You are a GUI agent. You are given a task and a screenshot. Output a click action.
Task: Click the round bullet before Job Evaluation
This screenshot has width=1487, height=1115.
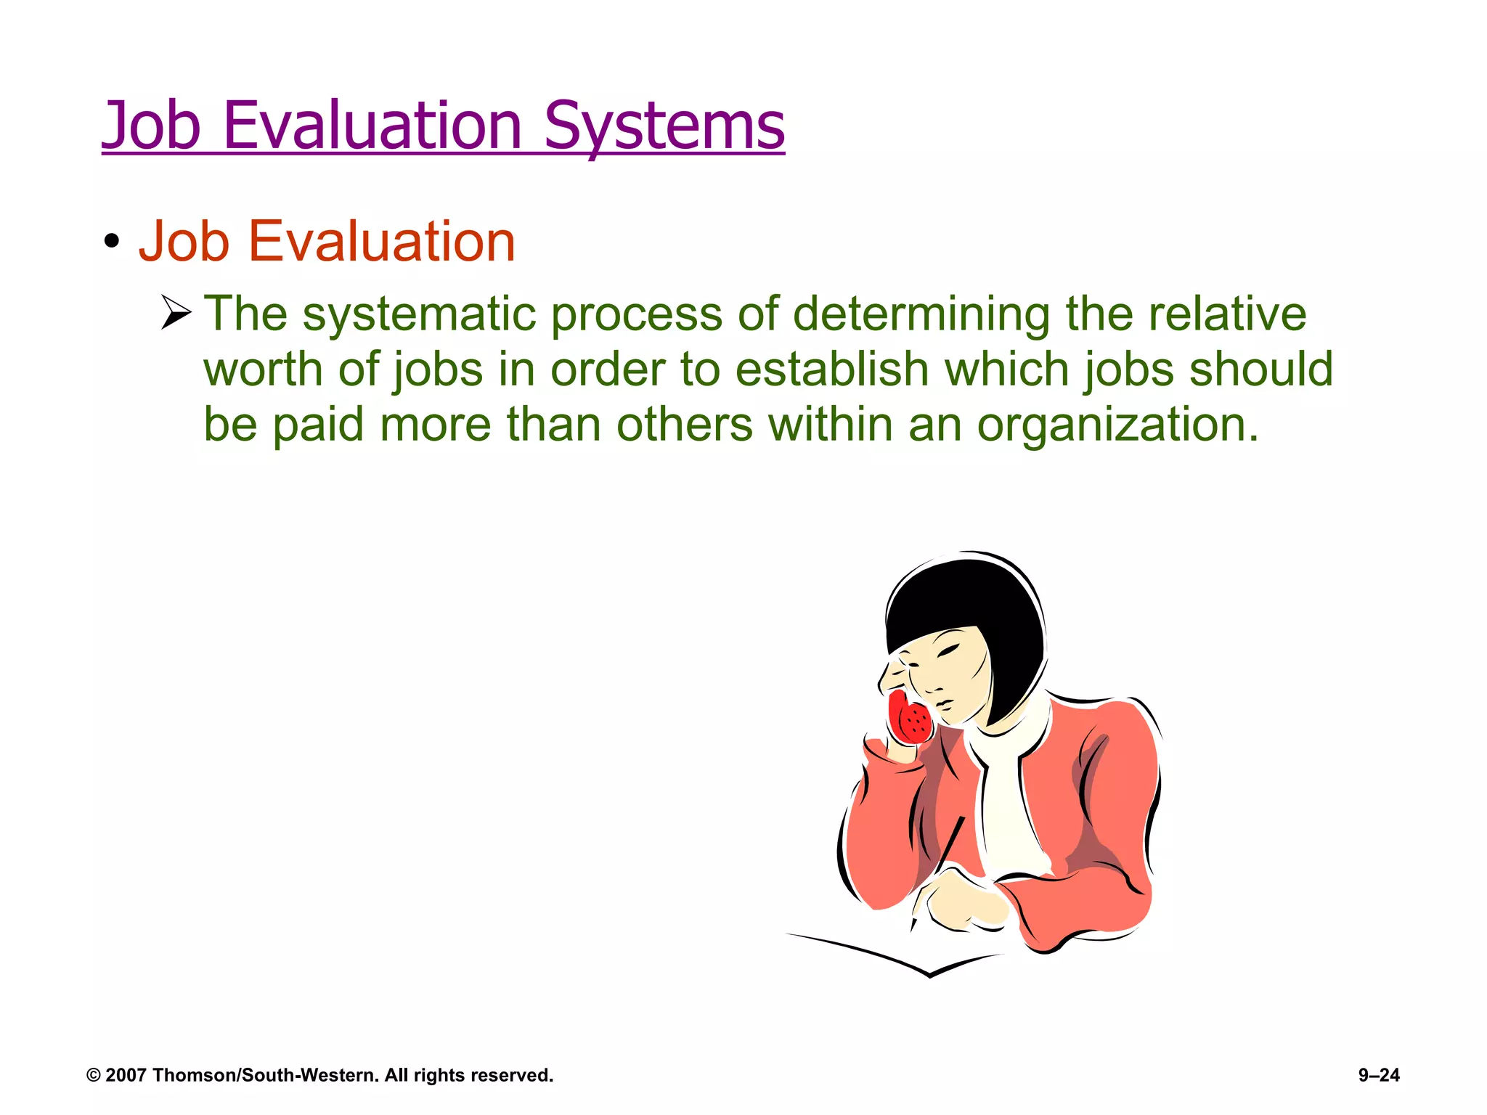pos(111,242)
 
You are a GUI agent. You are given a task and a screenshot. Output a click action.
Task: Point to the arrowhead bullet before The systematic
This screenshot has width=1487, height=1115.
pos(176,313)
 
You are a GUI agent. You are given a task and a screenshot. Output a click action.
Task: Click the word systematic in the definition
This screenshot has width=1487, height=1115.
pos(419,315)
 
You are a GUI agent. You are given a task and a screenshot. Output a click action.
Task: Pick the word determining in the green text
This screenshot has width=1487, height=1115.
pos(921,315)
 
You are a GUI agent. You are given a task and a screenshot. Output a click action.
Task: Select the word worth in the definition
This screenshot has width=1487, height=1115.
pos(263,369)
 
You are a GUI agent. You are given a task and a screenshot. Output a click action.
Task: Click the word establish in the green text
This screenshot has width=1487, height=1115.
pos(831,369)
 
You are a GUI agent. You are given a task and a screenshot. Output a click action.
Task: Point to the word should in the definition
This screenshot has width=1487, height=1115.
pos(1260,369)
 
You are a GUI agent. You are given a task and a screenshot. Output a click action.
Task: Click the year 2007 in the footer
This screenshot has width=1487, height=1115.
pos(126,1075)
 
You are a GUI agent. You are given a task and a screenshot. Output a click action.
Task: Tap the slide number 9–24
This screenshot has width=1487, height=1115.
pos(1379,1075)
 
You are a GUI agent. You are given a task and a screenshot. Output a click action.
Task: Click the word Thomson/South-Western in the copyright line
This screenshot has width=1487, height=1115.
pos(266,1075)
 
